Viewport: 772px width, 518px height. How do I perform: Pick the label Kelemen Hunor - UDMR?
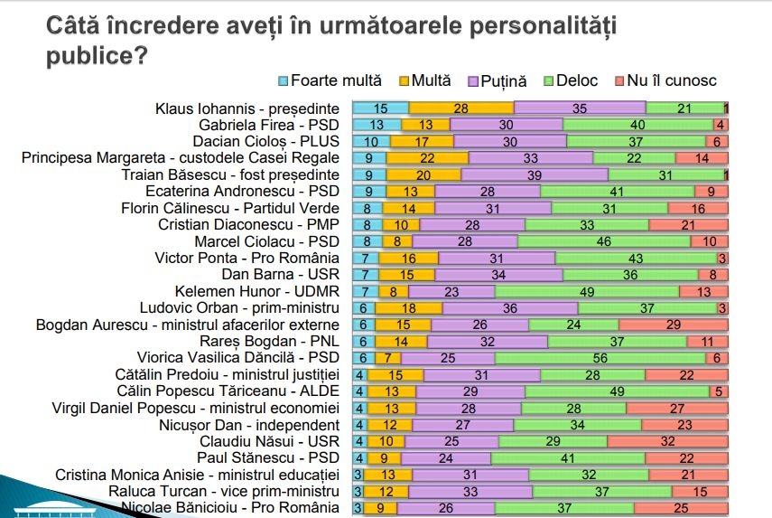(270, 291)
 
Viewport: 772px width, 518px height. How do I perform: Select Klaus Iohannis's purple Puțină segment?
(580, 108)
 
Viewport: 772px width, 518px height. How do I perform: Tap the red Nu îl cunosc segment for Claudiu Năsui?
(667, 441)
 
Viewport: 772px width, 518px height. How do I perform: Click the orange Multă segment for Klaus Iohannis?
(460, 108)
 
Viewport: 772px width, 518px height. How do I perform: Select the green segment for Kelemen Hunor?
(586, 291)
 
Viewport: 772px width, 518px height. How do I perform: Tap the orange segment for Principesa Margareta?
(426, 157)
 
